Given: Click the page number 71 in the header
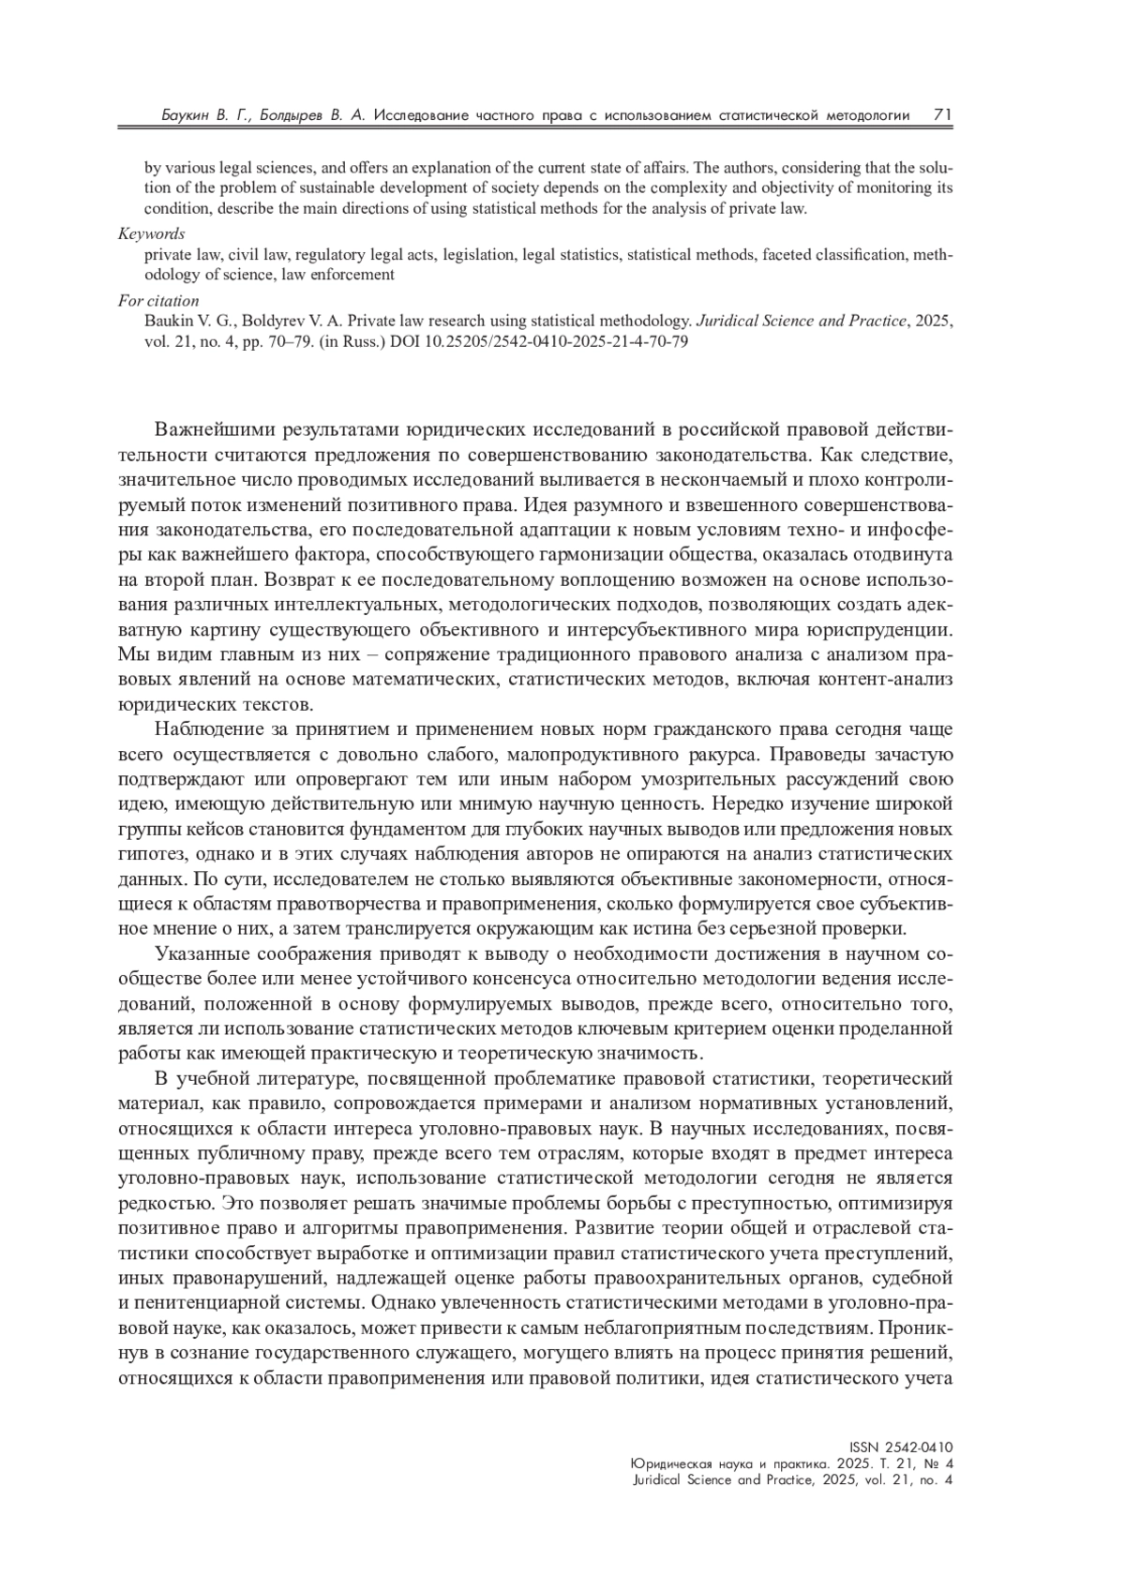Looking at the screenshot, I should point(943,114).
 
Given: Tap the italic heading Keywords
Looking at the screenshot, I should point(151,233).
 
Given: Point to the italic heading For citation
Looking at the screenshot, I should point(158,301).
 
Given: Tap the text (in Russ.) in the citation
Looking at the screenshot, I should point(345,341).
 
